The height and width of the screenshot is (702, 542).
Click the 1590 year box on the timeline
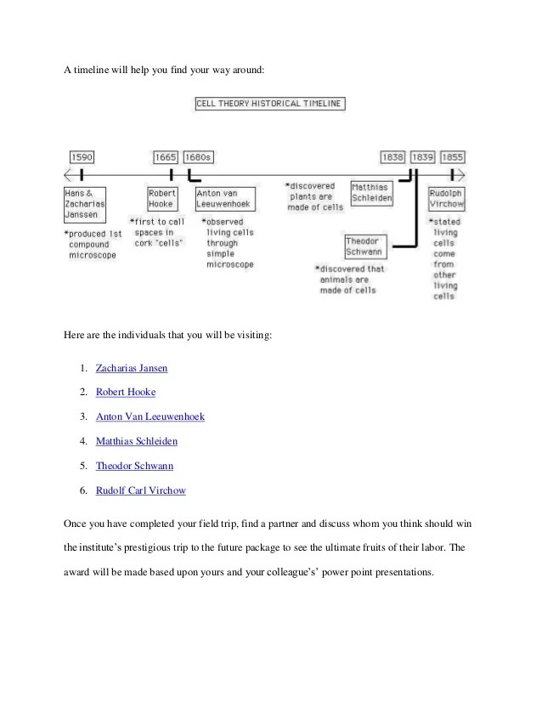click(82, 157)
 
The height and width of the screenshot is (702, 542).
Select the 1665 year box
click(166, 157)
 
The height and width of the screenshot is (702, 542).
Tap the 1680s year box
click(199, 157)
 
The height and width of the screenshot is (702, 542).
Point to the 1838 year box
click(392, 157)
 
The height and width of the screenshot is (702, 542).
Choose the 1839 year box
click(422, 157)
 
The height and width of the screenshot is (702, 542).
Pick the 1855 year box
click(453, 157)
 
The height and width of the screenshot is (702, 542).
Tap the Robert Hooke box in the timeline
click(161, 198)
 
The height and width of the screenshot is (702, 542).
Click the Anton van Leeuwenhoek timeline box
click(223, 198)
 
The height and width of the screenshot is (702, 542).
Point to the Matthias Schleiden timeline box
click(372, 192)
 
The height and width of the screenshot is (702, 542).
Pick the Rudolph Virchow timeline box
click(446, 198)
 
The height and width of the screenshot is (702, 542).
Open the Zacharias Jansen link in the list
click(132, 368)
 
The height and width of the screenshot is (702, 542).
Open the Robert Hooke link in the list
click(126, 393)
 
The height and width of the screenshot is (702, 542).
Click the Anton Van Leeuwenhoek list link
click(150, 417)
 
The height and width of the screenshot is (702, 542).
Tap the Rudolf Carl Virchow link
click(141, 490)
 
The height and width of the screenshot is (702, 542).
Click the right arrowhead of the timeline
click(460, 176)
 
